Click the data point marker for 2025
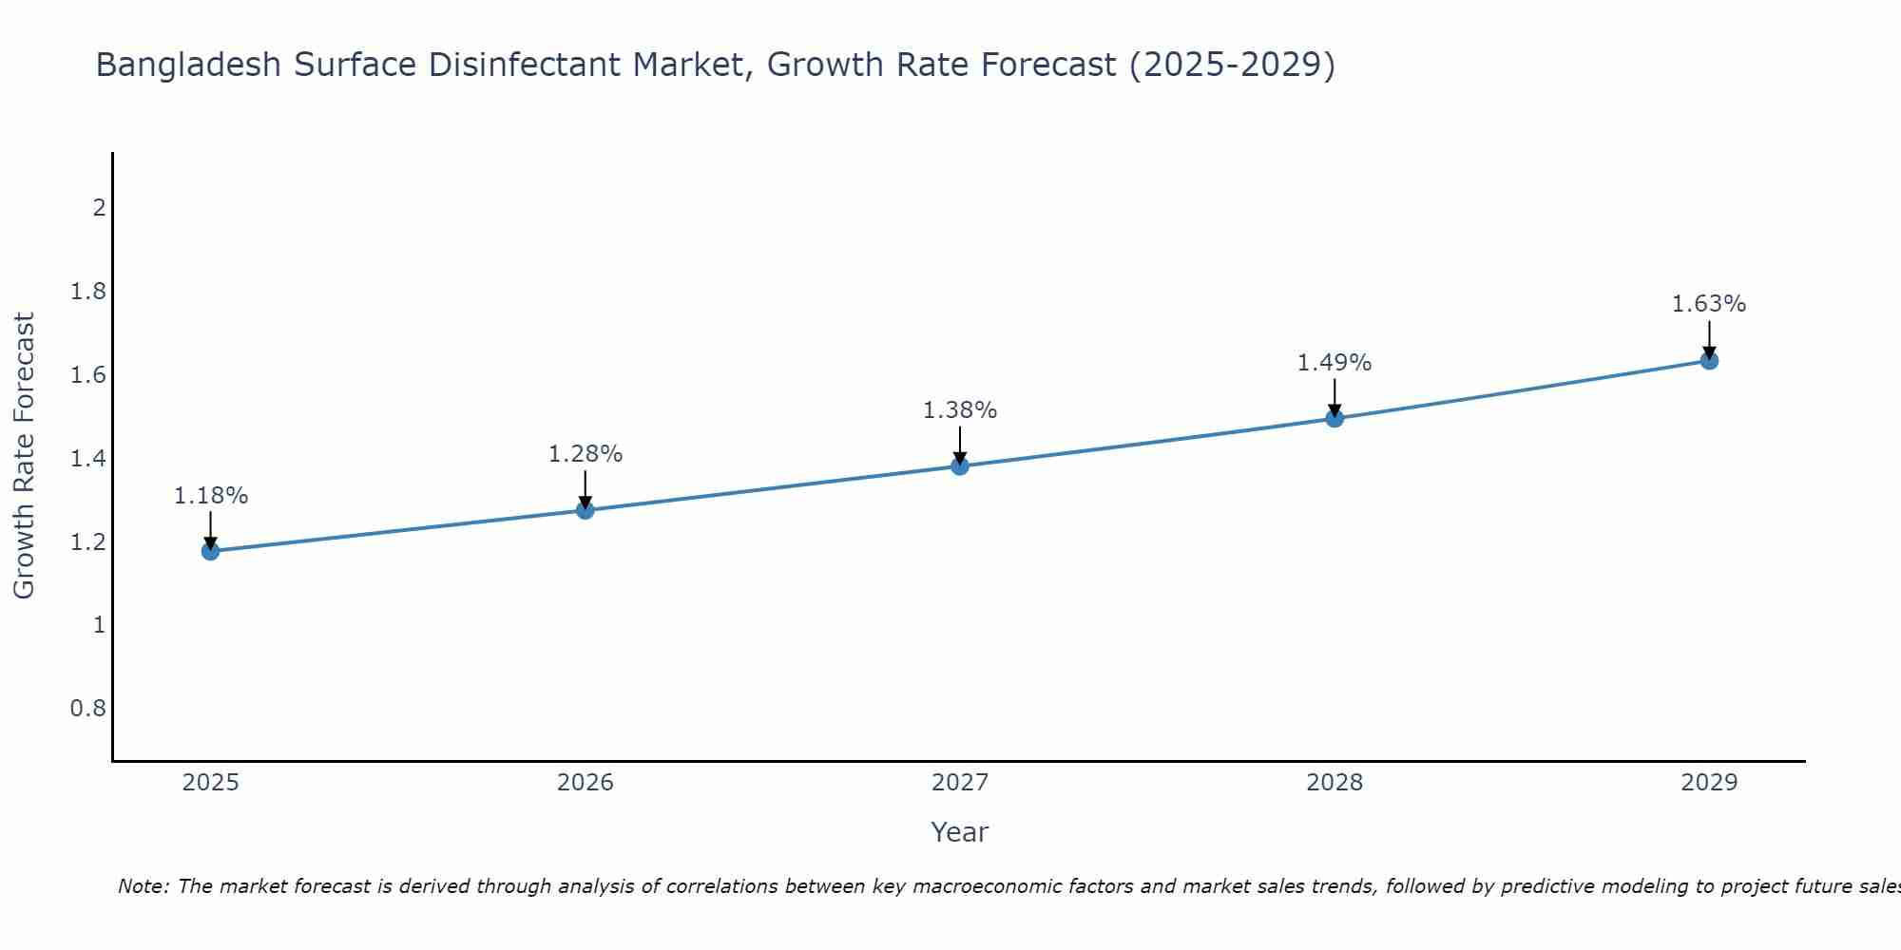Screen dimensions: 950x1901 (x=210, y=551)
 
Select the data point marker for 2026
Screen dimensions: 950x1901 (x=586, y=510)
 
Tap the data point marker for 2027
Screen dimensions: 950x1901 (x=960, y=465)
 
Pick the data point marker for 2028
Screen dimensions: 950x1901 (x=1335, y=418)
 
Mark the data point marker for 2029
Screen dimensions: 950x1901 (x=1709, y=360)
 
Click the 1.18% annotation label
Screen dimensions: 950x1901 (x=211, y=496)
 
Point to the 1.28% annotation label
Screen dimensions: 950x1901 (x=586, y=454)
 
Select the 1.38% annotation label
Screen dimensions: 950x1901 (x=960, y=410)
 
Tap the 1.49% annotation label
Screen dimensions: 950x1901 (x=1335, y=363)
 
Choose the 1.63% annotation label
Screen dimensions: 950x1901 (x=1709, y=304)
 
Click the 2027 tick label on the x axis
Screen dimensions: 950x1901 (x=960, y=783)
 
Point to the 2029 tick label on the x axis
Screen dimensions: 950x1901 (x=1709, y=783)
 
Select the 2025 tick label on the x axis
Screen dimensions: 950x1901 (x=210, y=783)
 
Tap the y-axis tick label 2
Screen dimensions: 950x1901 (x=99, y=207)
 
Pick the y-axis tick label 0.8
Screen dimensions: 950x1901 (x=88, y=709)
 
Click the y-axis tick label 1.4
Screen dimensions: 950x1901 (x=88, y=459)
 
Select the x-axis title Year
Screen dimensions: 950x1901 (x=960, y=832)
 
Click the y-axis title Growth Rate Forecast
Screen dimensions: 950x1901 (x=24, y=456)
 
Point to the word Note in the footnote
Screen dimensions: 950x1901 (x=143, y=886)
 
